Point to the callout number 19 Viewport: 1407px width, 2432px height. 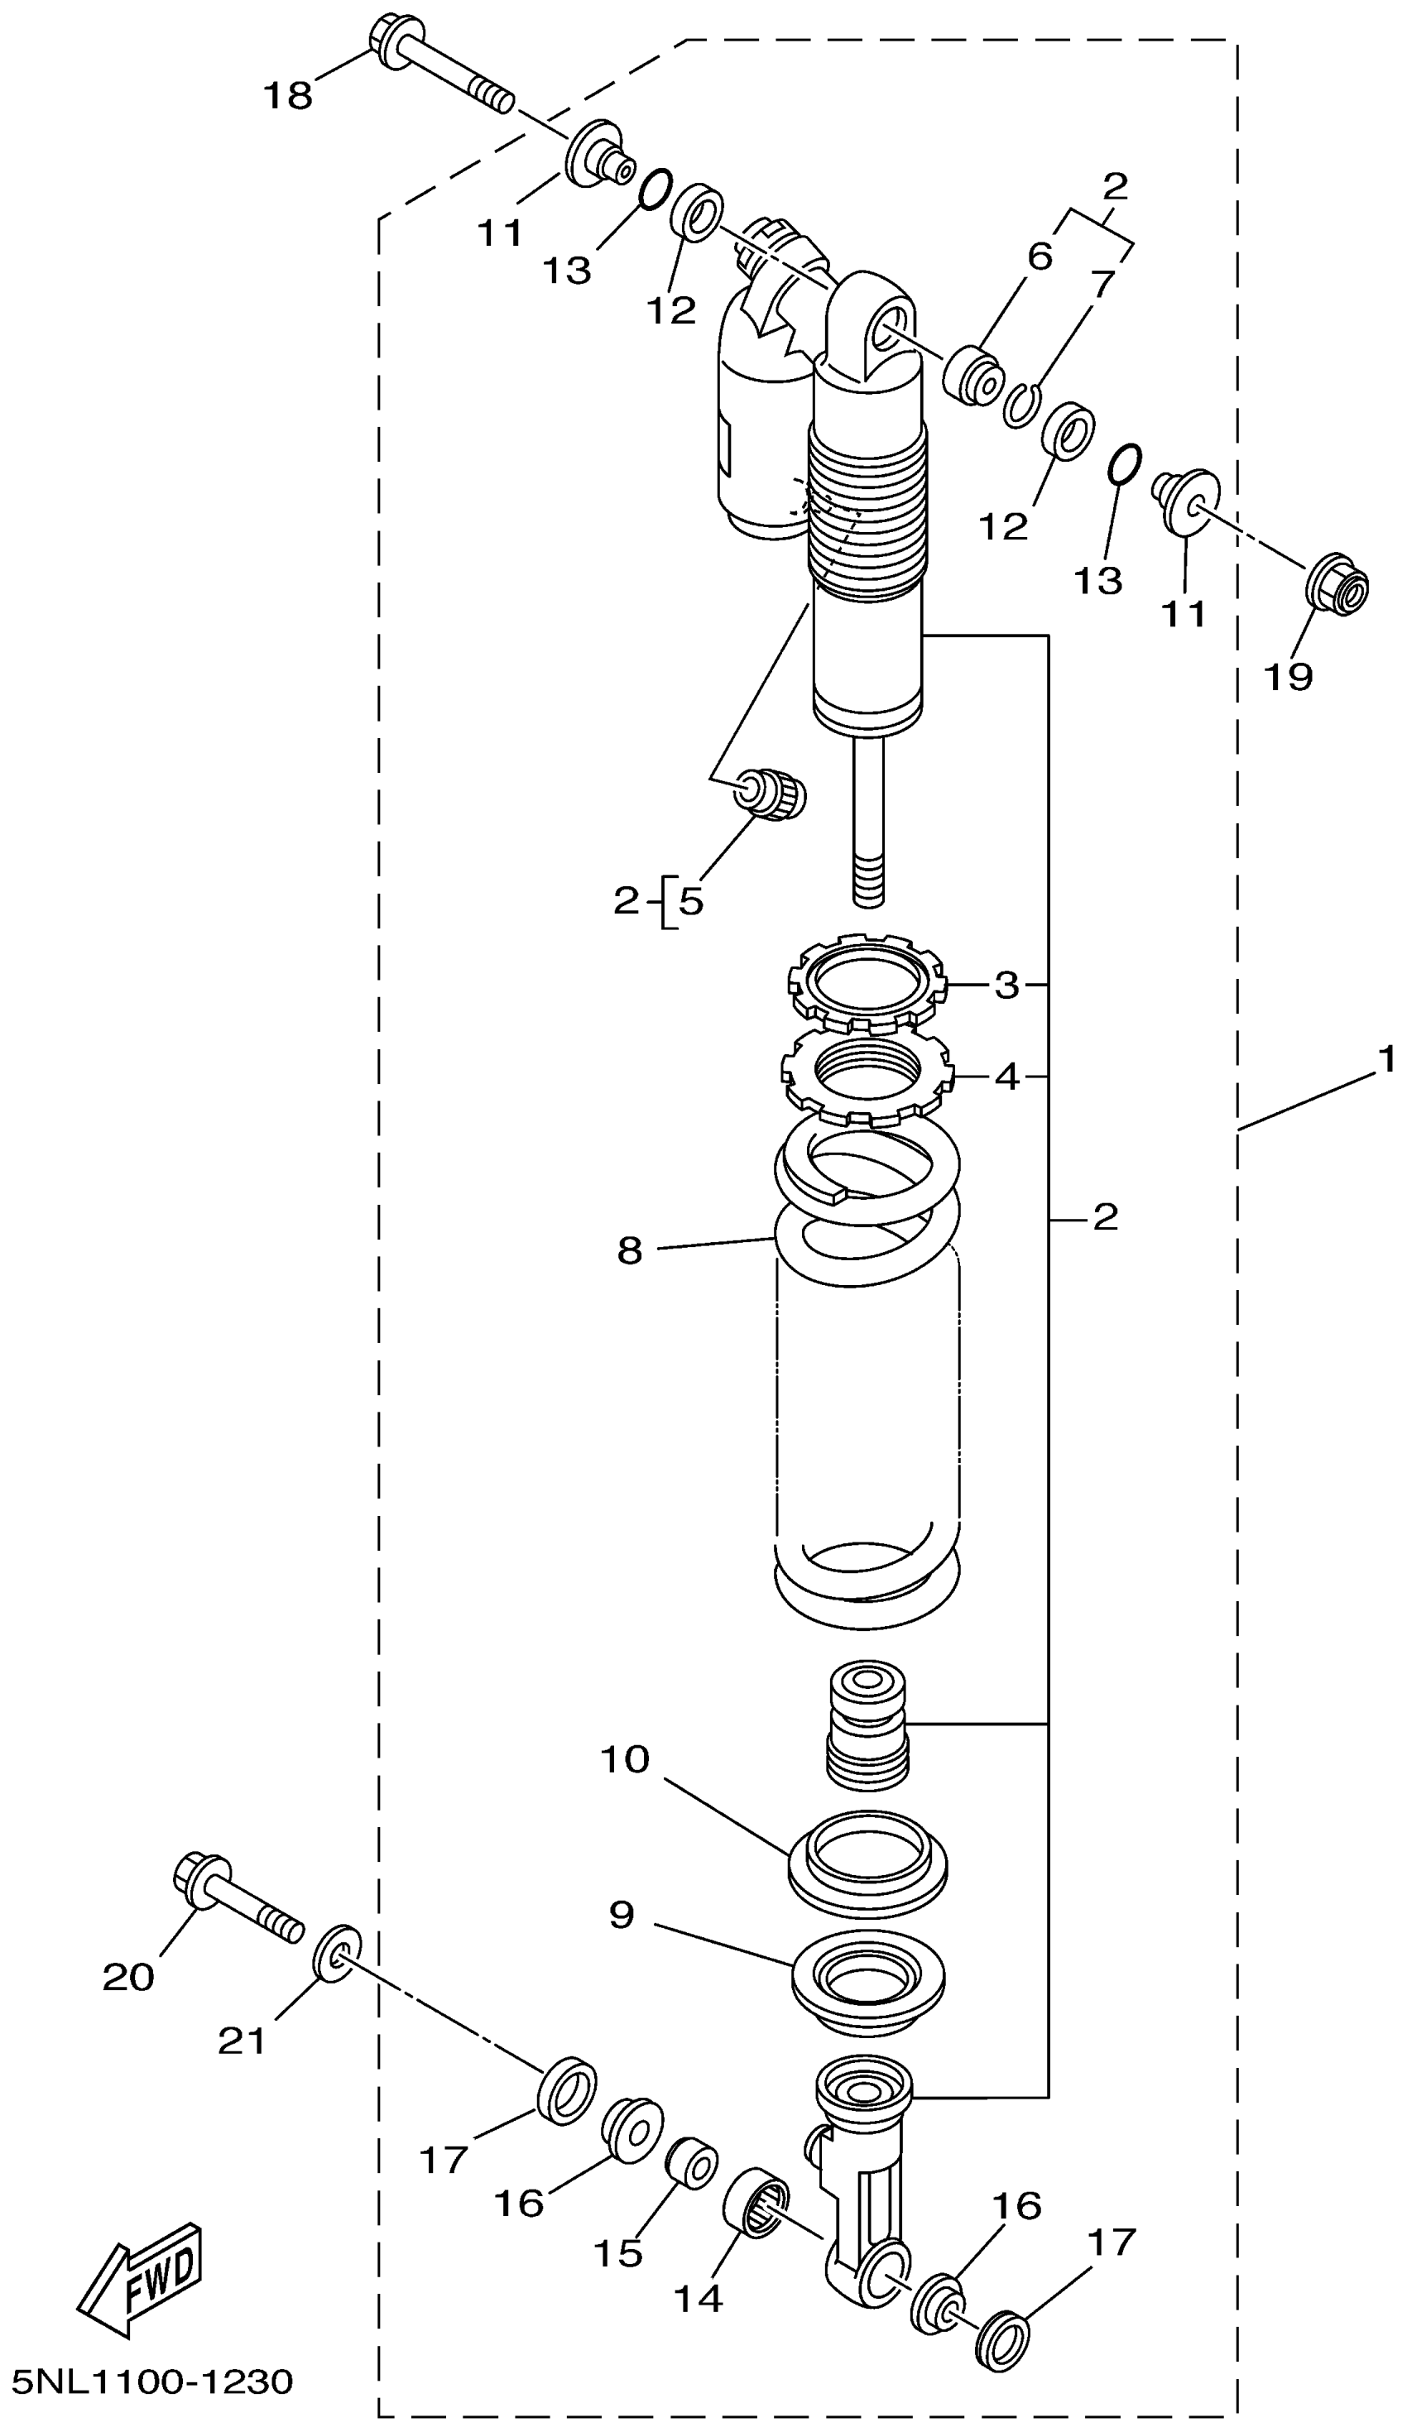[1289, 677]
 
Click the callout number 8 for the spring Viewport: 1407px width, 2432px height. [629, 1250]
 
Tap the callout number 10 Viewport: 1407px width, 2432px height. [626, 1759]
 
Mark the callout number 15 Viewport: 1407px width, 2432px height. [617, 2252]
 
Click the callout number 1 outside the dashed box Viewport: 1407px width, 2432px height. [1385, 1061]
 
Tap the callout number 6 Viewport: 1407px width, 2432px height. [1039, 256]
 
